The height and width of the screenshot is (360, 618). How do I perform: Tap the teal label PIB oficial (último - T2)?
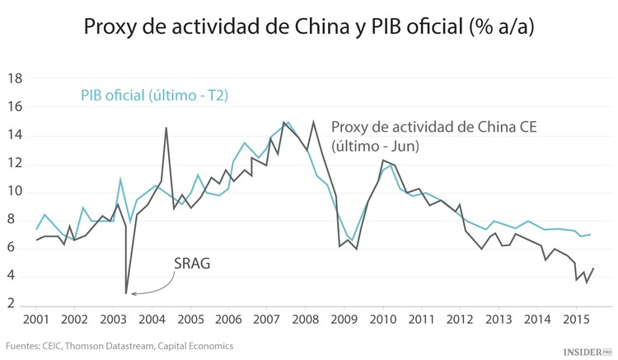point(154,96)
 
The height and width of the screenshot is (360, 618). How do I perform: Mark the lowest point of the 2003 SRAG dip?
point(126,293)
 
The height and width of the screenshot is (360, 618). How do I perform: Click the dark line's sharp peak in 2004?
point(166,128)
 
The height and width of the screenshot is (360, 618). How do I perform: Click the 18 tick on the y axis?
point(13,79)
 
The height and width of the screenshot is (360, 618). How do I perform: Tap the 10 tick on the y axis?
point(13,192)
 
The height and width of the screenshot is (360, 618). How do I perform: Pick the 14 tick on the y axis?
point(13,136)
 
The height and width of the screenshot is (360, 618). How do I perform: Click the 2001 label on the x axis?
point(35,319)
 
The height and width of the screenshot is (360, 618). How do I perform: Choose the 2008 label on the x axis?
point(304,319)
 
